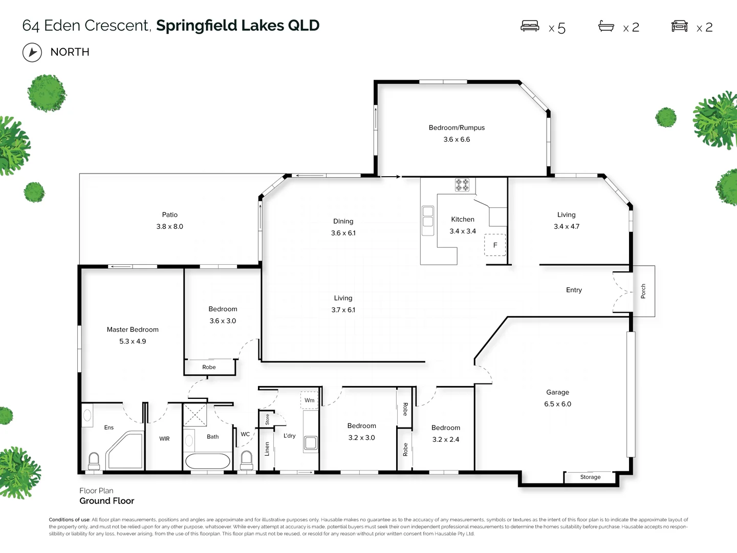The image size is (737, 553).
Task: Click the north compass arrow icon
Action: click(32, 52)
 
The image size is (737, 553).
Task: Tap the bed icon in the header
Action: click(530, 26)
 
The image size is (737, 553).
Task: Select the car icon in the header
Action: click(679, 26)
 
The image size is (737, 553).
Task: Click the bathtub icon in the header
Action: click(606, 26)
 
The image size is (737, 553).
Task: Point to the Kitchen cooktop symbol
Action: click(462, 185)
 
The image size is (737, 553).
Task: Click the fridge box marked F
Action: click(495, 245)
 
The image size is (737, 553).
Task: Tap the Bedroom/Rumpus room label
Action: click(457, 127)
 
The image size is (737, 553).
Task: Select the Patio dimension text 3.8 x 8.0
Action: click(169, 226)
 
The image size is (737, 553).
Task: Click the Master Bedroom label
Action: click(133, 329)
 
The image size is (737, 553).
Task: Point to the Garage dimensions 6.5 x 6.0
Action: click(557, 404)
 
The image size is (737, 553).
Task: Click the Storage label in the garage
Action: click(590, 477)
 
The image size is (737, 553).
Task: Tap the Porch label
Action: click(643, 291)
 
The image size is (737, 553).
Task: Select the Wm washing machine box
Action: click(310, 400)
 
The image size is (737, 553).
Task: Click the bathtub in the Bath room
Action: click(208, 461)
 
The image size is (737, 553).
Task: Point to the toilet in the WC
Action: click(247, 459)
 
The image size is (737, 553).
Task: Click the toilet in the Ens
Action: click(94, 460)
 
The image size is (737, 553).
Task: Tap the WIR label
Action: click(164, 439)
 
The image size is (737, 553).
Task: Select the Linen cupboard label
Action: click(267, 449)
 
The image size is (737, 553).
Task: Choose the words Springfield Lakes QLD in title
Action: click(237, 25)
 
